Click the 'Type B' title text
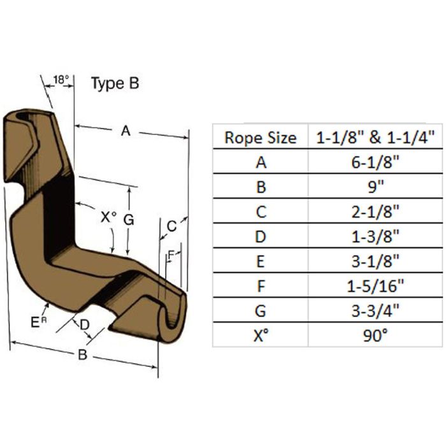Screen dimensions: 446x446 115,83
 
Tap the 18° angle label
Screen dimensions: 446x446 61,80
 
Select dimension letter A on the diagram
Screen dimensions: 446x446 126,131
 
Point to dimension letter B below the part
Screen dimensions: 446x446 82,355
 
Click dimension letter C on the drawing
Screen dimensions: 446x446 172,226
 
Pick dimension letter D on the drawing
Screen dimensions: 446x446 85,324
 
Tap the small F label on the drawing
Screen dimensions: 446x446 171,255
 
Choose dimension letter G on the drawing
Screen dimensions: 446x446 129,220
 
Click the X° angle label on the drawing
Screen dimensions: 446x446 109,218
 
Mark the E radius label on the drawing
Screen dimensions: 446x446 38,322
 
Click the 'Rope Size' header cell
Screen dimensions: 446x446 261,138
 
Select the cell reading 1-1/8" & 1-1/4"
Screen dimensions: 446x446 375,138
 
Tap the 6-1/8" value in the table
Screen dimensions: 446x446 375,162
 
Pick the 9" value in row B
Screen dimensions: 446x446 376,187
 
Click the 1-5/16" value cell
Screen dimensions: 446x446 375,286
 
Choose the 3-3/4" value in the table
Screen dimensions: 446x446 375,311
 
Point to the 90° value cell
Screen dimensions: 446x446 375,336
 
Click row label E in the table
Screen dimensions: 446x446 261,261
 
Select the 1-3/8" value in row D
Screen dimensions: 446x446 375,236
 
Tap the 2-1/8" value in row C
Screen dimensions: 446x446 375,212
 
